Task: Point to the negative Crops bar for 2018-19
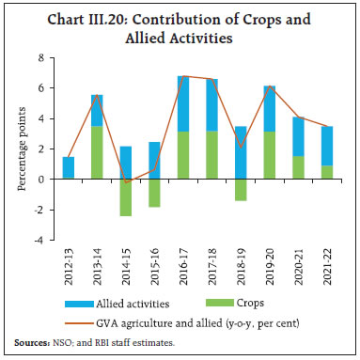(241, 189)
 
